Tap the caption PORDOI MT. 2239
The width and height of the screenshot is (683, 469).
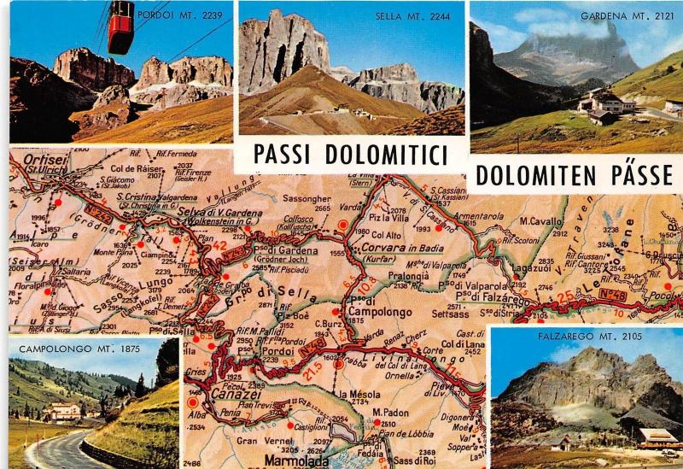[x=196, y=14]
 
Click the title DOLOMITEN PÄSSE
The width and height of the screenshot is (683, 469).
[x=575, y=174]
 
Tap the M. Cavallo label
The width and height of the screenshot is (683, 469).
[x=540, y=220]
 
